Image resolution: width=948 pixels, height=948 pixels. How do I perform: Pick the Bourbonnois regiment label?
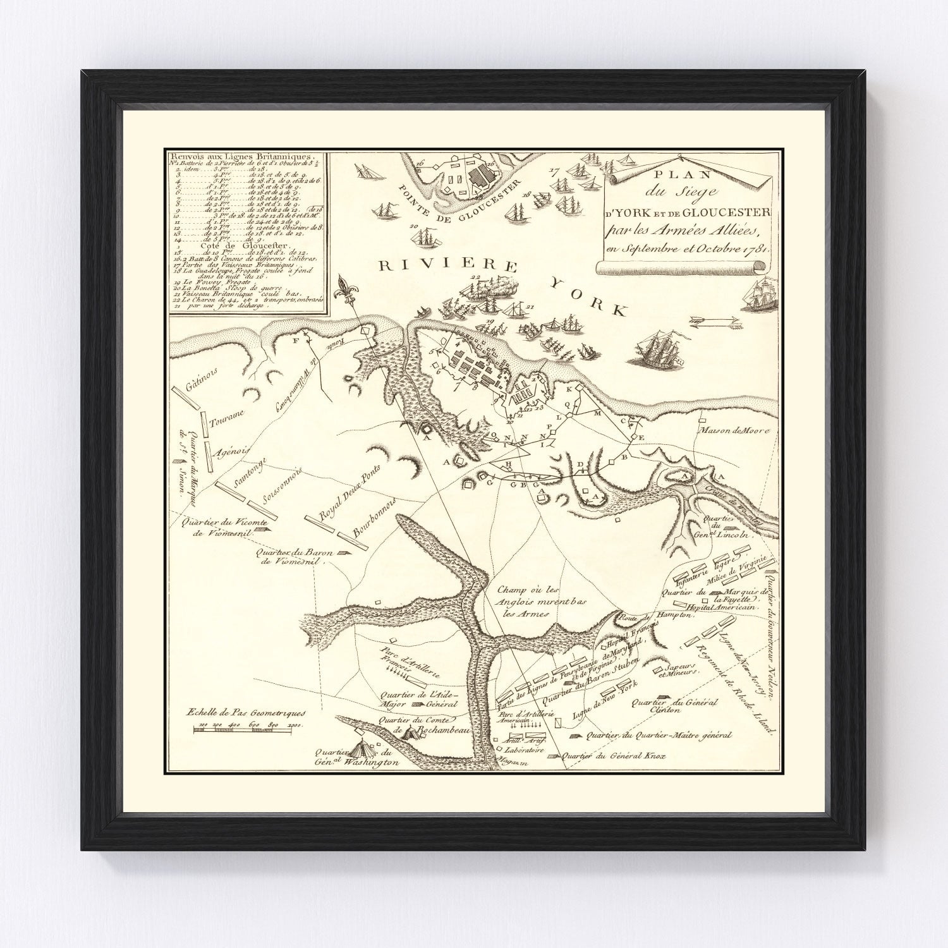(375, 518)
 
